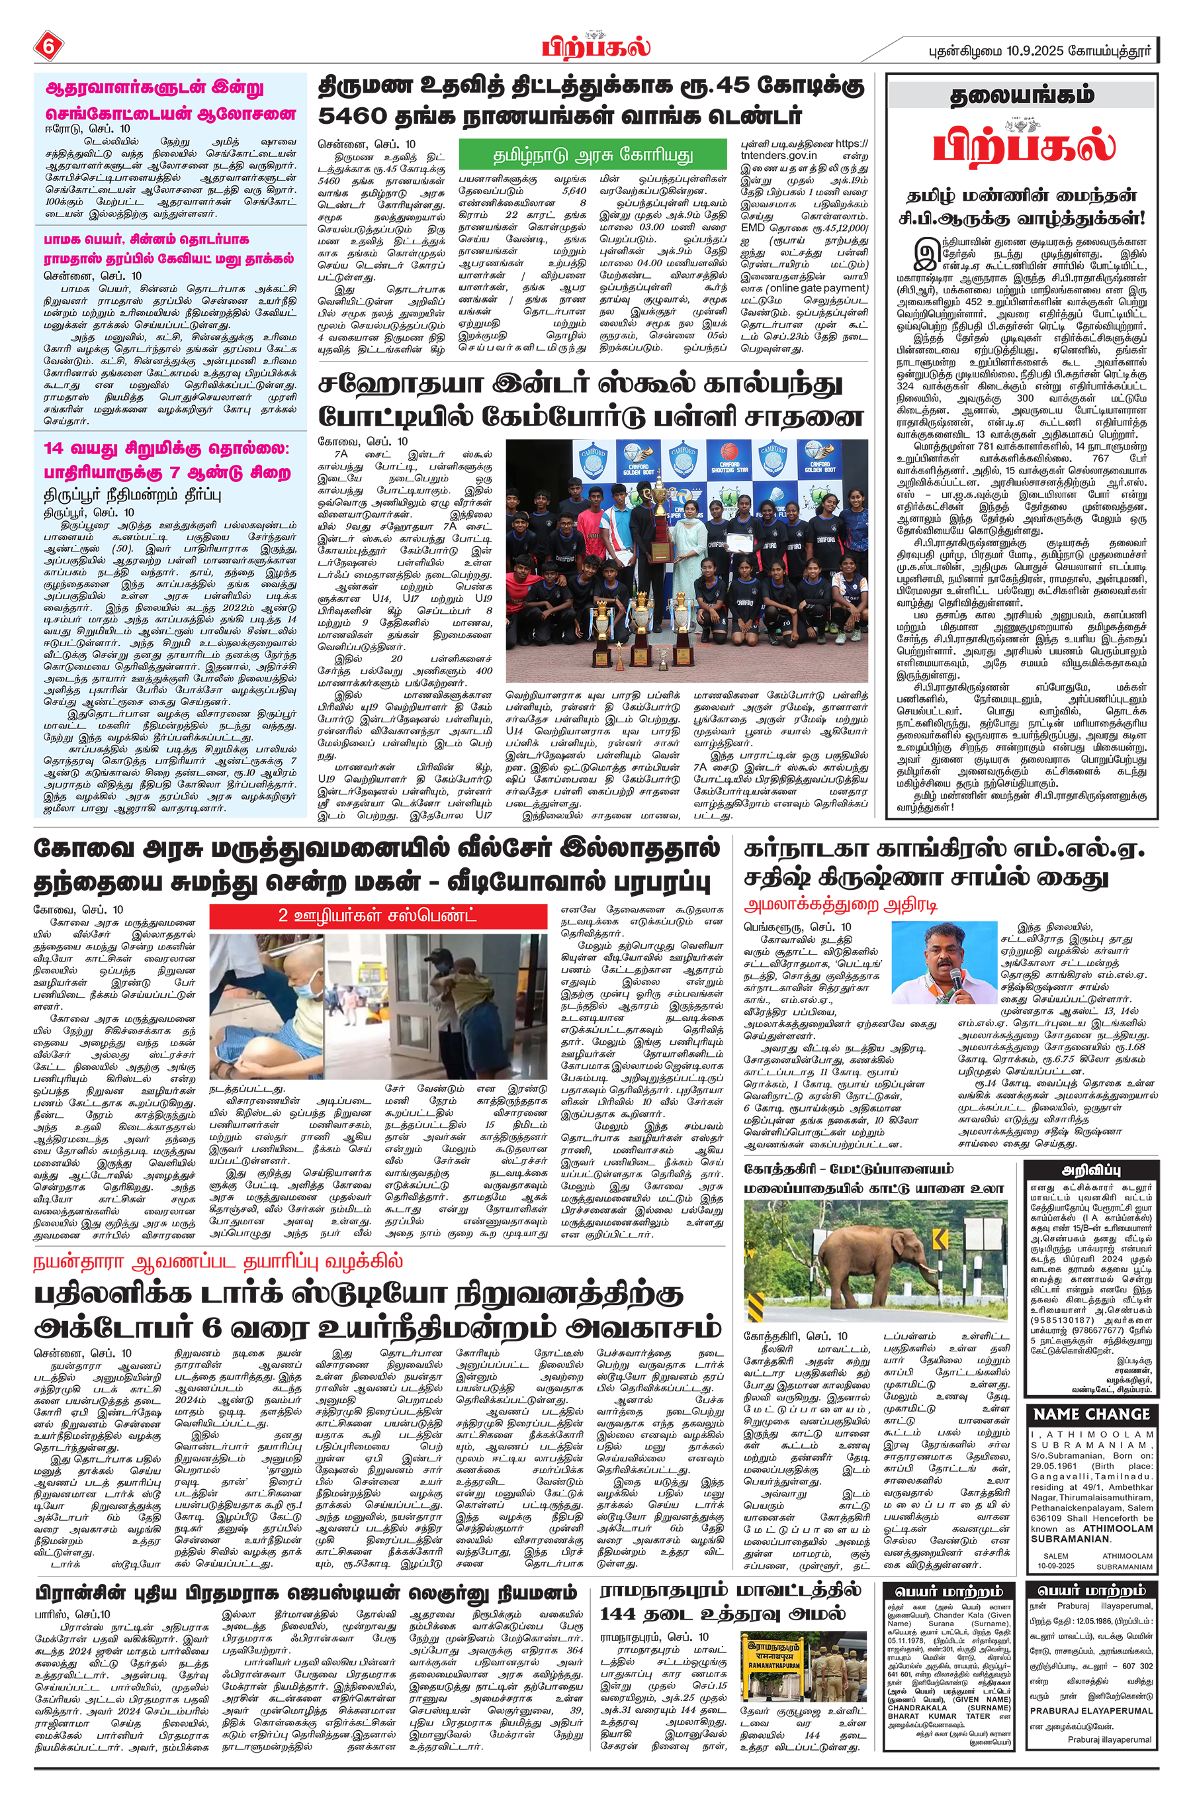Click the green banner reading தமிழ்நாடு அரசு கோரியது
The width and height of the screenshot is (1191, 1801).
(594, 155)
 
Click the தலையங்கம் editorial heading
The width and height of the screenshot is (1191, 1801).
(1022, 96)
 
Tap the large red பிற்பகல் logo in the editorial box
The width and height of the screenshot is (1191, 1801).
(1023, 144)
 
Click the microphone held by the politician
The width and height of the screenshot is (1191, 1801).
(955, 976)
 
